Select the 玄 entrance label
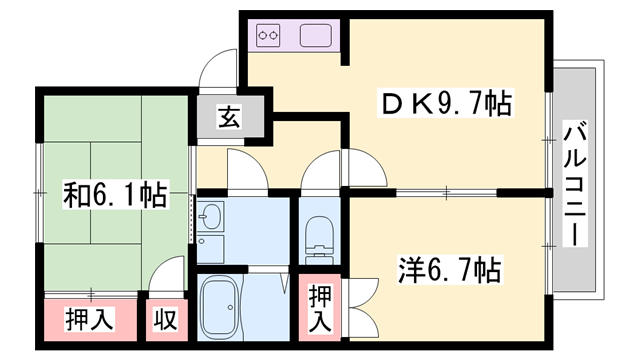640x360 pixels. click(x=229, y=117)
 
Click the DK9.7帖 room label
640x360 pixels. click(x=444, y=103)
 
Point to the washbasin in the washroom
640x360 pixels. click(x=211, y=218)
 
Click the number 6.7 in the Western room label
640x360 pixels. click(x=455, y=270)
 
